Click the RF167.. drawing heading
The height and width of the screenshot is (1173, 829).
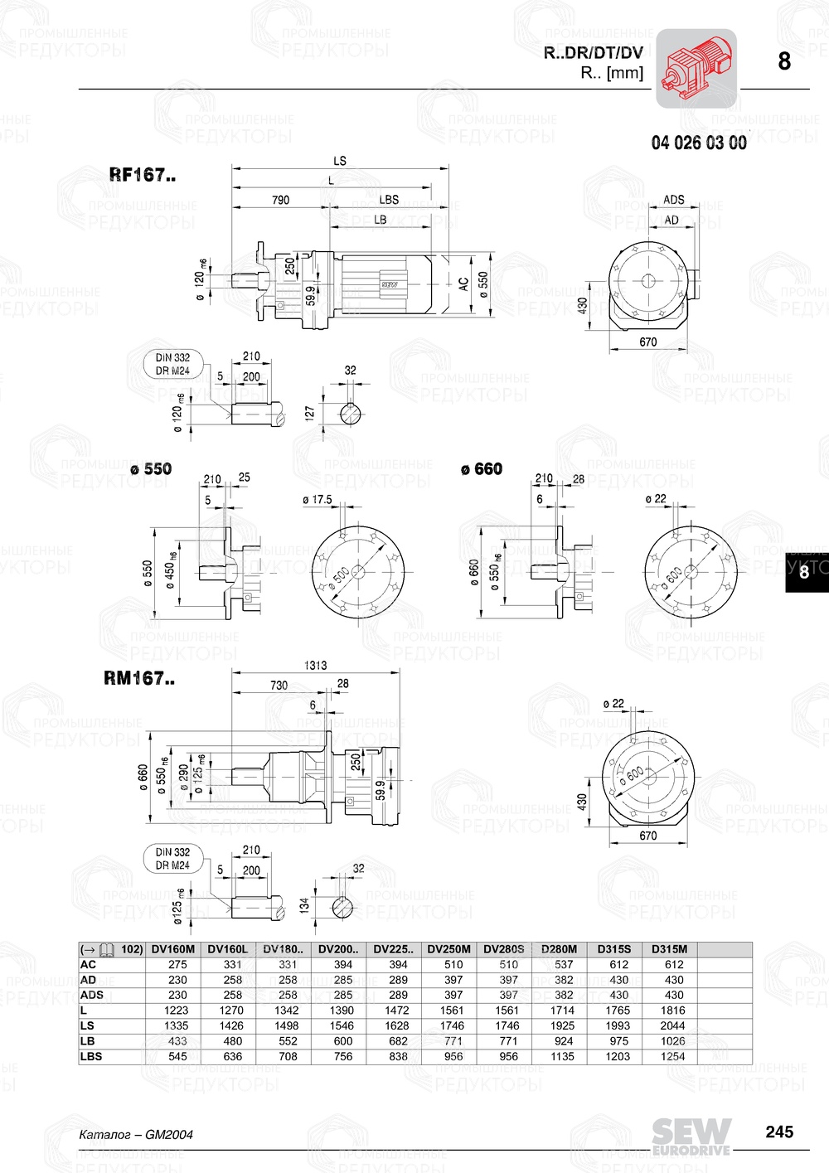click(143, 175)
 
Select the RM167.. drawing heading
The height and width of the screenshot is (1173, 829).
click(139, 678)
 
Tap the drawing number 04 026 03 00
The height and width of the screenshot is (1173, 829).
click(698, 143)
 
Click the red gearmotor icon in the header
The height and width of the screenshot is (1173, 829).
click(696, 68)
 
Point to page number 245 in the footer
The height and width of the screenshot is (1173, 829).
click(778, 1132)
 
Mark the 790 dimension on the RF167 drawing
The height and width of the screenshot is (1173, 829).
click(281, 200)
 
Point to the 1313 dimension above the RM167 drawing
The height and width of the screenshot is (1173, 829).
click(316, 665)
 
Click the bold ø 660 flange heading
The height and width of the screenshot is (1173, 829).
click(482, 469)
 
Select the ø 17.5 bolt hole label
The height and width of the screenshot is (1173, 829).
click(317, 500)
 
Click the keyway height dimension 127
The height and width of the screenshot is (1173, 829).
click(310, 412)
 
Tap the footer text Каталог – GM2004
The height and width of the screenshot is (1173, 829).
click(136, 1134)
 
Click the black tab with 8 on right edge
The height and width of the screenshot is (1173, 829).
click(805, 572)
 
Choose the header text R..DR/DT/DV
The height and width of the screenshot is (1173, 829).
click(593, 53)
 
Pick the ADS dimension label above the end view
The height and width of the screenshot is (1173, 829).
click(673, 200)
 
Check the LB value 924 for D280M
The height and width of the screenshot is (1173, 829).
click(563, 1041)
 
